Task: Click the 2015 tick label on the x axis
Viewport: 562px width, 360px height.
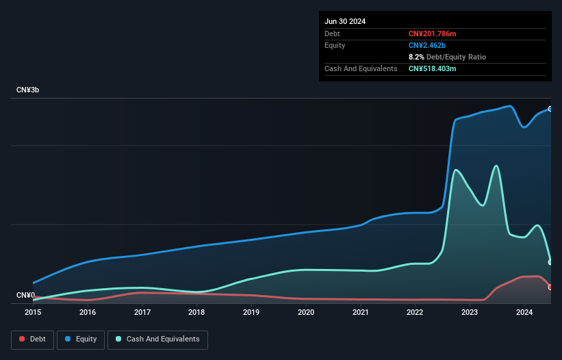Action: point(33,312)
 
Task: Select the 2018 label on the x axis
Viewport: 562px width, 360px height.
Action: point(196,312)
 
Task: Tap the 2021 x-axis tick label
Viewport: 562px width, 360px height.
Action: point(360,312)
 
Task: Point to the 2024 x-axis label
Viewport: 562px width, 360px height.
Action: point(524,312)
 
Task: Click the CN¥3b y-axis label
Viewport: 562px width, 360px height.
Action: point(28,90)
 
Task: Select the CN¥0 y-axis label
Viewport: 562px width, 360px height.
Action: point(25,295)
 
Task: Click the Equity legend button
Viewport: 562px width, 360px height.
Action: point(81,339)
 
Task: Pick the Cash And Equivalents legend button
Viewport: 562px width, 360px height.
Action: point(157,339)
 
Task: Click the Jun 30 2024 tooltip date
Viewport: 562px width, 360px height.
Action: point(345,21)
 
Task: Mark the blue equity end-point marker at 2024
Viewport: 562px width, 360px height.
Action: point(550,109)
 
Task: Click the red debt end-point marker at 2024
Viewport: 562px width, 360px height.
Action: point(550,287)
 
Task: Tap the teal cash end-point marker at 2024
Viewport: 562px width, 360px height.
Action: point(550,262)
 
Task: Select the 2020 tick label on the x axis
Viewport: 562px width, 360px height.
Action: point(305,312)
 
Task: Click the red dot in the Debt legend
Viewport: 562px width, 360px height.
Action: point(23,339)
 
